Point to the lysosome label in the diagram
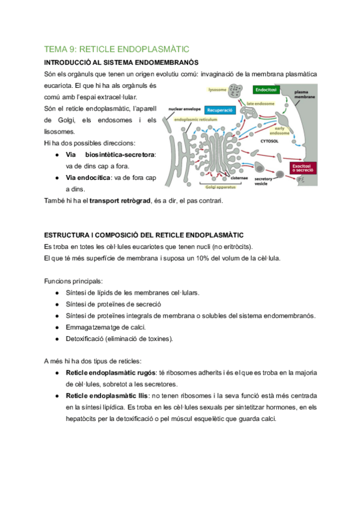[x=217, y=90]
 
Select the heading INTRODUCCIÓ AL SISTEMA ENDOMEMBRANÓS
[x=122, y=63]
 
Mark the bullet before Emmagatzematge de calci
[x=56, y=327]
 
